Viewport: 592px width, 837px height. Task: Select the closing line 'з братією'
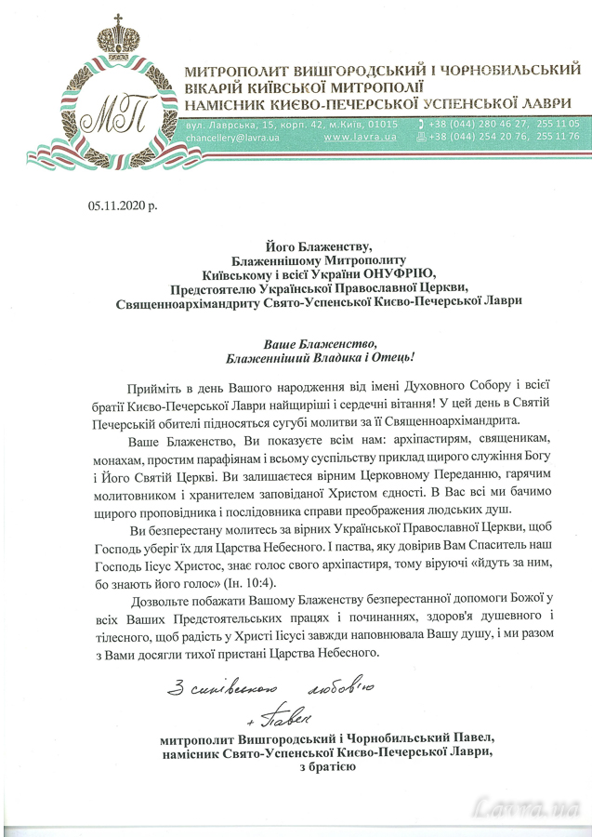point(326,768)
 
